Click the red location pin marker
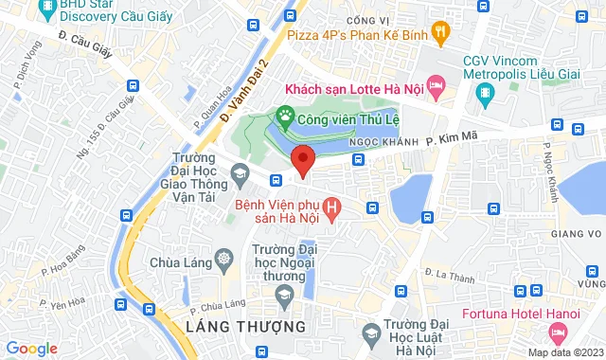point(302,160)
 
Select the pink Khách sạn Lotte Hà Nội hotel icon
point(437,88)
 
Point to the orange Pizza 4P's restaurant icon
point(441,32)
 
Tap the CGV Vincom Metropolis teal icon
point(485,92)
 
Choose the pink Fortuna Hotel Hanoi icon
point(558,333)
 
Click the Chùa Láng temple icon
point(223,258)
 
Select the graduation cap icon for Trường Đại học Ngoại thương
point(282,297)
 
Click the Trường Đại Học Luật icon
point(371,333)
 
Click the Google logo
point(30,348)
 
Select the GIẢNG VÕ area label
point(581,235)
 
